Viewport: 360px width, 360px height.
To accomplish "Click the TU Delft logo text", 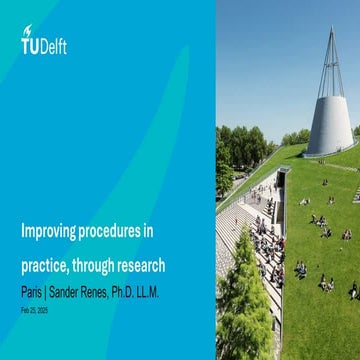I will [x=44, y=45].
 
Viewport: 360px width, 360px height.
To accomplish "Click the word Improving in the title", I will [x=50, y=232].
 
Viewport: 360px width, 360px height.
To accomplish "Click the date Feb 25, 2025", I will [x=34, y=310].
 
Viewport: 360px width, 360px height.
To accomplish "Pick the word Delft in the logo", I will [x=55, y=45].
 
